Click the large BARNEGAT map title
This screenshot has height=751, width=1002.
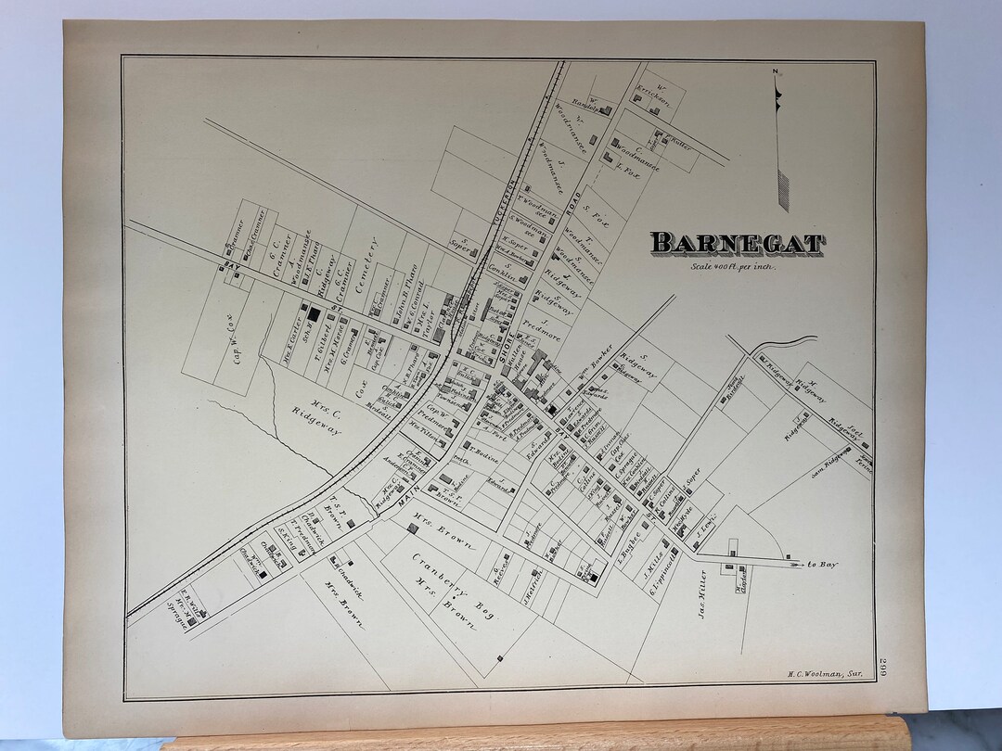click(736, 244)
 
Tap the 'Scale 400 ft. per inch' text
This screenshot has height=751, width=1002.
click(731, 267)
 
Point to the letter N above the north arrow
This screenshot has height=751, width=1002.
click(775, 71)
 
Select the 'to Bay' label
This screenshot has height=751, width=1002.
click(821, 563)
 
